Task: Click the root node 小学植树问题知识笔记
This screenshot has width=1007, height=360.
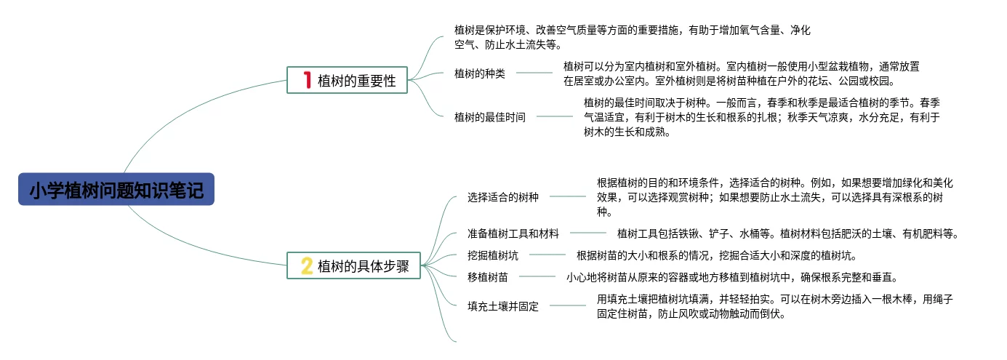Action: [x=116, y=190]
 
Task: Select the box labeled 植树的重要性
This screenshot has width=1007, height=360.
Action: [x=348, y=80]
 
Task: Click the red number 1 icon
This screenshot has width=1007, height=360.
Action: [x=307, y=80]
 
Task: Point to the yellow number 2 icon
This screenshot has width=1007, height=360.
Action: [x=307, y=265]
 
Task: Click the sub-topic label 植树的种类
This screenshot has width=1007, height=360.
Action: [x=480, y=73]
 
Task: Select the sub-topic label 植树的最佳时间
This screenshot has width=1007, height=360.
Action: [x=490, y=116]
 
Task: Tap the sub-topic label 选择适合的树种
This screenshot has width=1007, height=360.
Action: [x=503, y=196]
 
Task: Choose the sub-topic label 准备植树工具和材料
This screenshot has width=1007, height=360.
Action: [x=513, y=233]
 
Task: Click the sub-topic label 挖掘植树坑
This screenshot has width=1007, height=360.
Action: [x=493, y=255]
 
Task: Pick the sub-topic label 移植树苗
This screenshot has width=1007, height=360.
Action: [x=488, y=276]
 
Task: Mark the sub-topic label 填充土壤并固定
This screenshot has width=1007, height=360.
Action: [x=503, y=306]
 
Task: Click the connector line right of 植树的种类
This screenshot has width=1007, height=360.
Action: [x=534, y=73]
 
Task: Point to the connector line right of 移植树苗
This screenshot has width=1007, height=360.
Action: [x=537, y=276]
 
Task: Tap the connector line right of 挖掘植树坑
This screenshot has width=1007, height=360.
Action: [x=547, y=255]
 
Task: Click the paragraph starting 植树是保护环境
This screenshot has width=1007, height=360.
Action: [x=633, y=37]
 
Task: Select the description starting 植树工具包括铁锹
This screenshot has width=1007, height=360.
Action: [x=788, y=233]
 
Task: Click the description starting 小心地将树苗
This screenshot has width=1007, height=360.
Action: [x=733, y=276]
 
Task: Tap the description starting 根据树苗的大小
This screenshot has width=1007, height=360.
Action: [x=717, y=255]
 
